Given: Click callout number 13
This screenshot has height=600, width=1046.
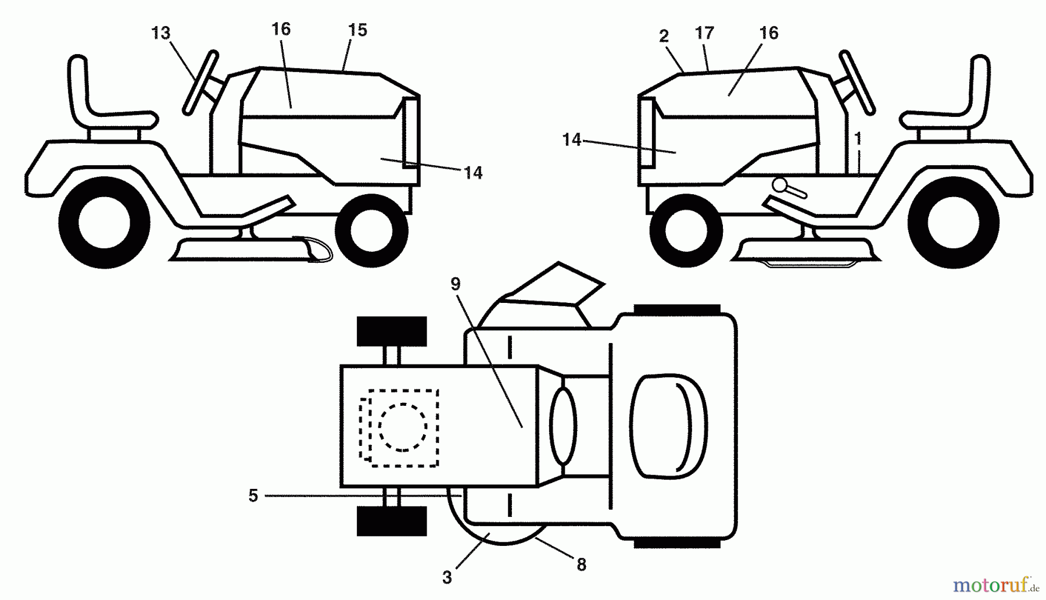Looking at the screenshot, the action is click(161, 33).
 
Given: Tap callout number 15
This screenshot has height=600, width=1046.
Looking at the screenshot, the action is click(357, 30).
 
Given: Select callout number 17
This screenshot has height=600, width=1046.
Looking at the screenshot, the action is click(704, 33).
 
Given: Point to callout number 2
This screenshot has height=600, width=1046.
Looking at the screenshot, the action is click(664, 36).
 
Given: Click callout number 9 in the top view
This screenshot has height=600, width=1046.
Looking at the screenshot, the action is click(455, 284).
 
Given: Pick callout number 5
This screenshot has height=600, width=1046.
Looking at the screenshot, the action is click(253, 496).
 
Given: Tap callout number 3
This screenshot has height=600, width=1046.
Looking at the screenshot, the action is click(447, 577).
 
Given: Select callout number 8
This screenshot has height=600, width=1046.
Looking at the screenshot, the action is click(582, 564).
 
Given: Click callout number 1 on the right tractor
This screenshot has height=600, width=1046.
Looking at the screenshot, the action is click(858, 138).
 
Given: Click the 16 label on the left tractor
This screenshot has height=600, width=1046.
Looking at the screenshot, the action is click(281, 29).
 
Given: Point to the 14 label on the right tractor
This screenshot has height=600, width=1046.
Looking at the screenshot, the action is click(572, 140).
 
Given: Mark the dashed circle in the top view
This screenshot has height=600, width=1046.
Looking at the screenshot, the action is click(403, 427).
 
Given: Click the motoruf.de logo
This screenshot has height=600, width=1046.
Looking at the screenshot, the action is click(994, 583).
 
